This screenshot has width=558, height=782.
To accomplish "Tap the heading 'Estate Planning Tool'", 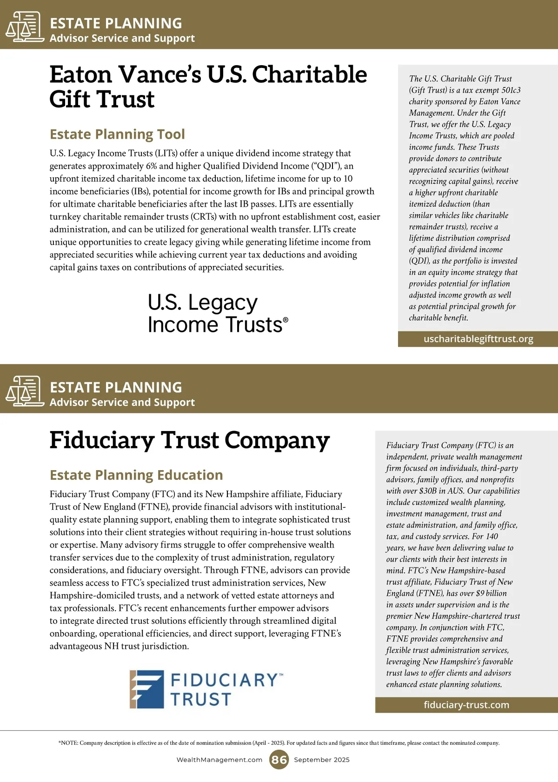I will point(117,134).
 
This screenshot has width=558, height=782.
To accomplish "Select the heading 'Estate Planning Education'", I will point(136,475).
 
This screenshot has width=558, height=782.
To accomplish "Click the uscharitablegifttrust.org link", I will point(478,339).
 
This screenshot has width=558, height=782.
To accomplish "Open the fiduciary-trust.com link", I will point(466,705).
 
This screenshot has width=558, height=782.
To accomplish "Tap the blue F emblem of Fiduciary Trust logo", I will point(147,689).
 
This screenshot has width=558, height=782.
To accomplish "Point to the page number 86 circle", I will point(279,760).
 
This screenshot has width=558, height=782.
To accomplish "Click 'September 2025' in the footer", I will point(321,760).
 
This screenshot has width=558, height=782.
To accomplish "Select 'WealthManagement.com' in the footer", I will point(219,760).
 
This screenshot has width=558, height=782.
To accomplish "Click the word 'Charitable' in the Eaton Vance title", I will point(309,74).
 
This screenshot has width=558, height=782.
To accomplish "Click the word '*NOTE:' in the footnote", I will point(68,743).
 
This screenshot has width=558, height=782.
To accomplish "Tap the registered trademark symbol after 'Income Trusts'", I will point(286,320).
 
